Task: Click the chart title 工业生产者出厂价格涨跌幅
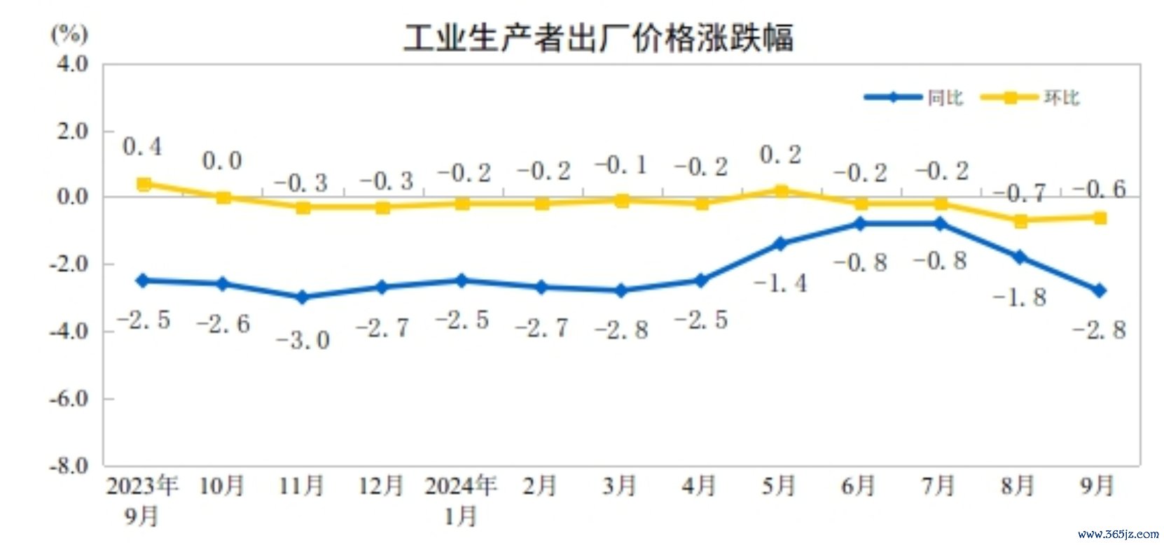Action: point(599,38)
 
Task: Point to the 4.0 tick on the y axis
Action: point(72,64)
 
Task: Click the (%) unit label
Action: point(69,33)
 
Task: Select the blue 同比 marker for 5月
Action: point(780,243)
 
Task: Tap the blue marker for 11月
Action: point(303,297)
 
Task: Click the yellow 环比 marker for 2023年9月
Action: point(144,184)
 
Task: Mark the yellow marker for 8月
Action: point(1020,221)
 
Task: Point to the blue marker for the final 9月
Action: point(1100,290)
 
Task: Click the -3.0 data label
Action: point(303,341)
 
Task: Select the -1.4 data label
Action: point(780,283)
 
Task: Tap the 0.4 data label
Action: point(142,147)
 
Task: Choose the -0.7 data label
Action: point(1020,193)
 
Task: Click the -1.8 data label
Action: point(1020,298)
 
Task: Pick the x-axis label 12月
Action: point(381,486)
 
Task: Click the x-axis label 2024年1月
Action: point(461,500)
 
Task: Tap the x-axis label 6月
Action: point(859,486)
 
